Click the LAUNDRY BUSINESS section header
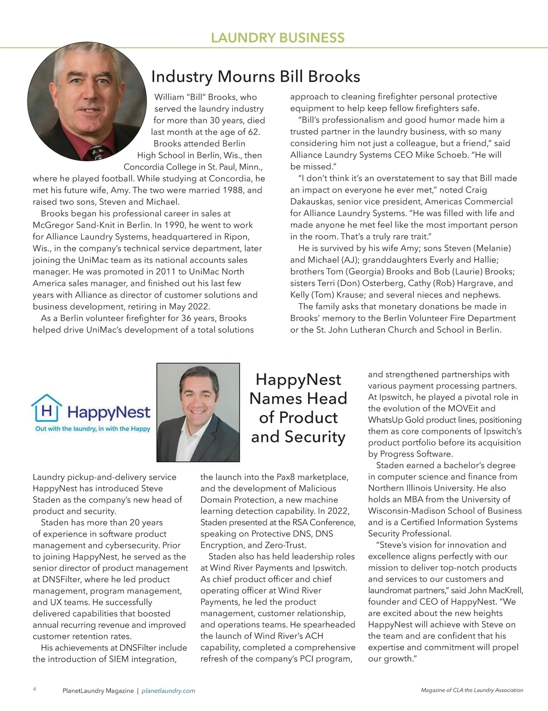coord(278,37)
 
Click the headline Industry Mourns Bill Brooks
coord(255,76)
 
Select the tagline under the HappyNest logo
coord(93,429)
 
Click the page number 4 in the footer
coord(35,690)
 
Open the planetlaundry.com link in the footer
coord(169,691)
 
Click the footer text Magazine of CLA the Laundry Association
coord(472,690)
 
